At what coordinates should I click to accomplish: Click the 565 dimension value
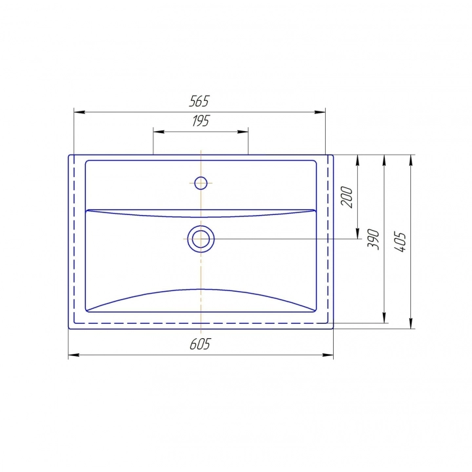tap(199, 101)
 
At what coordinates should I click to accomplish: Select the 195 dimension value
tap(201, 121)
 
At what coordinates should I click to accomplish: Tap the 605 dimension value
tap(200, 344)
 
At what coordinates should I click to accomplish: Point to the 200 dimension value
tap(347, 197)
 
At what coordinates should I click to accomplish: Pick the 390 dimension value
tap(373, 239)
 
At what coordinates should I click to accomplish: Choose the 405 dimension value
tap(400, 242)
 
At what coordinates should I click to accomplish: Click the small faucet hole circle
tap(201, 183)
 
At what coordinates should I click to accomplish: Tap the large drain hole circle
tap(201, 239)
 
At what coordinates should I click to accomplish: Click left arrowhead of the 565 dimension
tap(79, 112)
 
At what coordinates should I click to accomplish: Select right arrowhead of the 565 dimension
tap(320, 112)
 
